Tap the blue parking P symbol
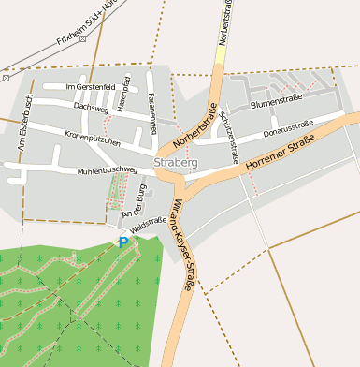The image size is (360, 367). click(x=122, y=242)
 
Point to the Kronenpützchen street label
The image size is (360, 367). click(x=93, y=139)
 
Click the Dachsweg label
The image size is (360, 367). click(x=91, y=108)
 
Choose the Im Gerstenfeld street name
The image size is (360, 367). click(x=90, y=87)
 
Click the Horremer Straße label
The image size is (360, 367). click(x=279, y=154)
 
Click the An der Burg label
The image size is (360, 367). click(x=135, y=199)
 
